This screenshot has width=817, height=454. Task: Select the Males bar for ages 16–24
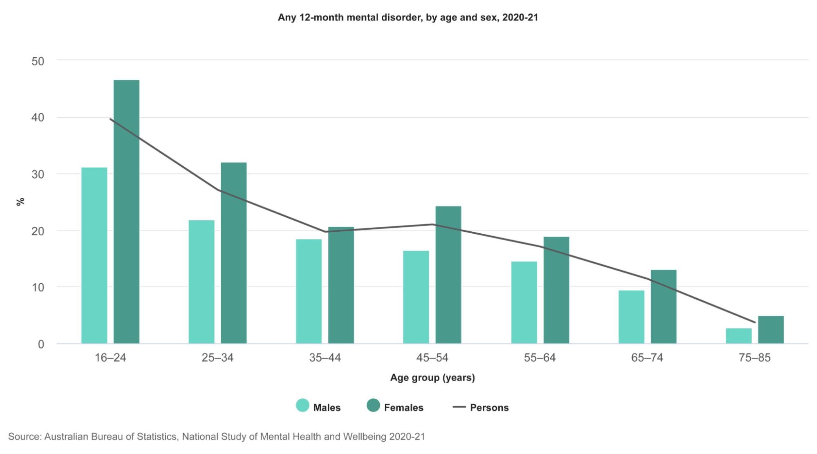(x=94, y=255)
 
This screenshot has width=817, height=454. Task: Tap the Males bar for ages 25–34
(x=201, y=282)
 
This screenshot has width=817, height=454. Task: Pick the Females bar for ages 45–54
(x=448, y=275)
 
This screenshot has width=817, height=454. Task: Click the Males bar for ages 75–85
(x=739, y=336)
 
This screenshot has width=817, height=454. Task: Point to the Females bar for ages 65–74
(x=663, y=306)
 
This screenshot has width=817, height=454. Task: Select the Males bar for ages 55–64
(x=524, y=302)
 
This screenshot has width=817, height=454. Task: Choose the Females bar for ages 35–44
(x=341, y=285)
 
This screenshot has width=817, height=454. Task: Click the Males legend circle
(x=302, y=405)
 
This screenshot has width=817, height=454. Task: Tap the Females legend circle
(x=373, y=405)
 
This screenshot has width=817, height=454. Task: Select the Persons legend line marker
(x=459, y=407)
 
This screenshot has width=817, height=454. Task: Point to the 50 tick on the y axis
(x=38, y=61)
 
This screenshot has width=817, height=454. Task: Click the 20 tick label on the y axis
(x=38, y=231)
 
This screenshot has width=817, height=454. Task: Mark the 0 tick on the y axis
(x=41, y=344)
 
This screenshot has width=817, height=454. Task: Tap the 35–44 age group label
(x=325, y=358)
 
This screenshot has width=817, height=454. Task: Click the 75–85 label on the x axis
(x=754, y=358)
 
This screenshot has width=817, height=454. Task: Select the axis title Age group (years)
(x=432, y=378)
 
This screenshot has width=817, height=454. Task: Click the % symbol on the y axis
(x=20, y=201)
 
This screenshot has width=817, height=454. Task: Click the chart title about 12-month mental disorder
(x=408, y=18)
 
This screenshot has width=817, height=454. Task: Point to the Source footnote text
(x=217, y=437)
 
